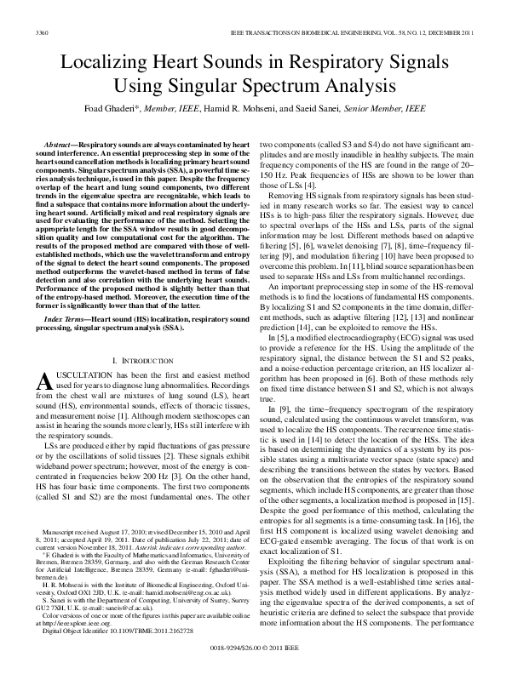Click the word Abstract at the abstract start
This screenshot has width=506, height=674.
pos(66,149)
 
